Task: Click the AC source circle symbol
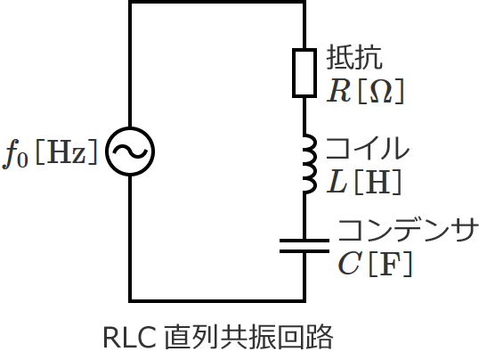pos(130,152)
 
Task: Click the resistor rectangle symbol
pos(304,72)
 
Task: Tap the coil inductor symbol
pos(307,165)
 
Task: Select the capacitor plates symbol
pos(304,245)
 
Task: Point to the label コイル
pos(367,148)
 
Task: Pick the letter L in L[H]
pos(337,182)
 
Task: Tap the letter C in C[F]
pos(348,264)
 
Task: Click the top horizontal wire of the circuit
pos(217,4)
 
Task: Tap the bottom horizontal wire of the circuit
pos(217,300)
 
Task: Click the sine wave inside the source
pos(130,152)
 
